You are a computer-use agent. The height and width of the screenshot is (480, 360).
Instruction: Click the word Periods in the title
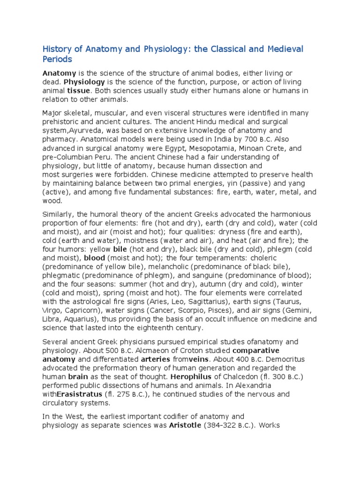click(58, 60)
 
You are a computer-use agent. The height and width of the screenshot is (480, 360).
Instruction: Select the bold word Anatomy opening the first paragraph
click(60, 73)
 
